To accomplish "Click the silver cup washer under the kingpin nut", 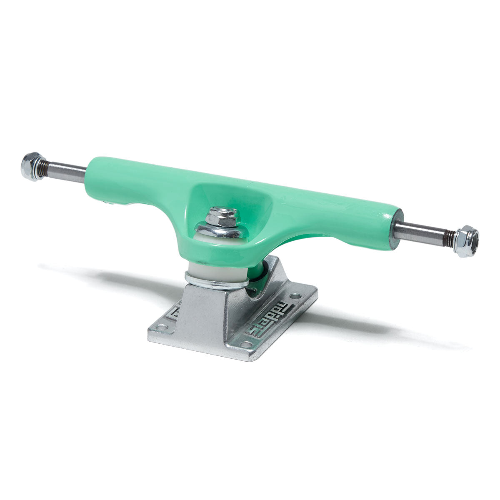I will [x=217, y=230].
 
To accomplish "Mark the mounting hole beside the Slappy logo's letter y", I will [x=296, y=296].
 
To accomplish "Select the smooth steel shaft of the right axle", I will [x=421, y=232].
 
